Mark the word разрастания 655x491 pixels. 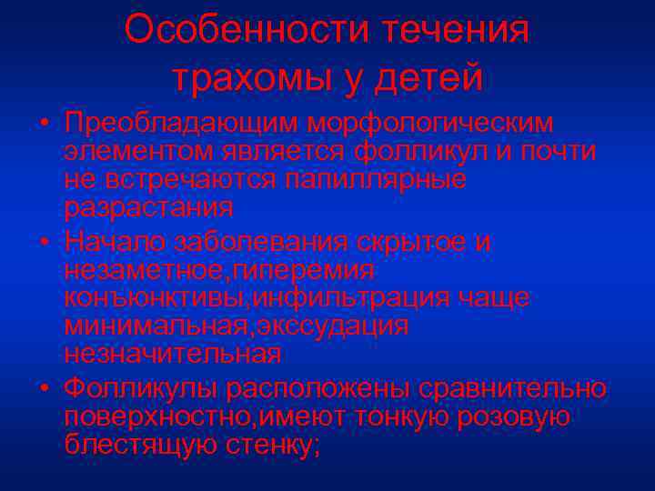point(148,206)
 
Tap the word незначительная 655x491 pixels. point(172,352)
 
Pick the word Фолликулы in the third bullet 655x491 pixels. point(141,389)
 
